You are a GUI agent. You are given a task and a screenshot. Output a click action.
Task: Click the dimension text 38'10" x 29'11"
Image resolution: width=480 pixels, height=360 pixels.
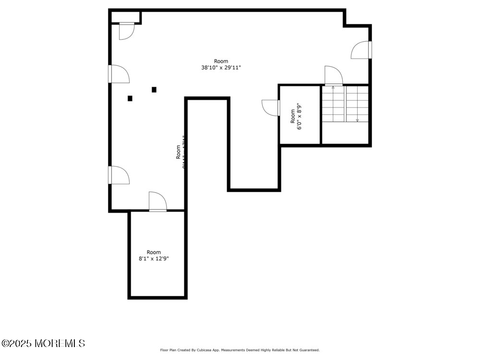pyautogui.click(x=221, y=68)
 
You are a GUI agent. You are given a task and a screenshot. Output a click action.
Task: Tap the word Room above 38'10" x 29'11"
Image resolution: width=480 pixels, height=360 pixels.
pyautogui.click(x=221, y=61)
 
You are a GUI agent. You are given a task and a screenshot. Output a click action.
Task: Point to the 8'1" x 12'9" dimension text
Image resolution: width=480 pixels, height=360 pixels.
pyautogui.click(x=154, y=259)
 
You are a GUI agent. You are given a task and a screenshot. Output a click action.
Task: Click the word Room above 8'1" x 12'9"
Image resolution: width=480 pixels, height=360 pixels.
pyautogui.click(x=154, y=252)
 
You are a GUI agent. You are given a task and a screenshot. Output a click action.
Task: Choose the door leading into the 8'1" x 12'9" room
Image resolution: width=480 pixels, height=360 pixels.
pyautogui.click(x=157, y=202)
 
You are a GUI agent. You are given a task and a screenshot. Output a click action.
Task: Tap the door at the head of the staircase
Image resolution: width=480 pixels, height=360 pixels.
pyautogui.click(x=333, y=76)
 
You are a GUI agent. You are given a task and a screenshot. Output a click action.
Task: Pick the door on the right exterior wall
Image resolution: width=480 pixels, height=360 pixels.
pyautogui.click(x=361, y=50)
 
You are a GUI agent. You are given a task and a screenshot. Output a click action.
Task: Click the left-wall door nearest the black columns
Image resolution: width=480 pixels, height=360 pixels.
pyautogui.click(x=119, y=74)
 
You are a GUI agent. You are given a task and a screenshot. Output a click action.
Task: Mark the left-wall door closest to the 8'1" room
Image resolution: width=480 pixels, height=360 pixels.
pyautogui.click(x=119, y=175)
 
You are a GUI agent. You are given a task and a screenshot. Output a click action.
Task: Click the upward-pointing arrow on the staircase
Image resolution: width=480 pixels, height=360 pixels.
pyautogui.click(x=333, y=88)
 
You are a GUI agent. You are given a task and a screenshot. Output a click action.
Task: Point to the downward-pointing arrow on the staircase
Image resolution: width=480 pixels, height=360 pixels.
pyautogui.click(x=357, y=120)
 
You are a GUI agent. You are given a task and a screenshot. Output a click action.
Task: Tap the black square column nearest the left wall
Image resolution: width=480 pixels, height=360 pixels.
pyautogui.click(x=130, y=98)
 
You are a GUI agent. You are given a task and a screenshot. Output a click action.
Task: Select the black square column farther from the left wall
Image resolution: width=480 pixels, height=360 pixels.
pyautogui.click(x=154, y=89)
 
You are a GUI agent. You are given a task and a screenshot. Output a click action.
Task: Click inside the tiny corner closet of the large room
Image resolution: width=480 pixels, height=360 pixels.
pyautogui.click(x=125, y=17)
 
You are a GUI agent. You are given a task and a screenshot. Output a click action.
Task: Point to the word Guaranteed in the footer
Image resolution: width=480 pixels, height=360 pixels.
pyautogui.click(x=307, y=350)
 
